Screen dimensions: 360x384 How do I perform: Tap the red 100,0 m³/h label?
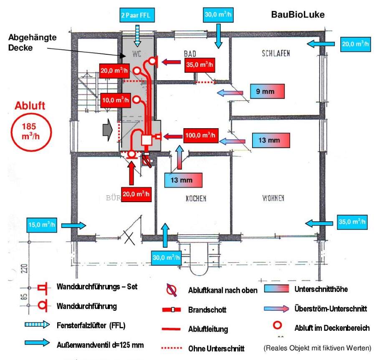click(x=200, y=135)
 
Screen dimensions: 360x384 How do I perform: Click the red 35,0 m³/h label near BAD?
click(x=199, y=65)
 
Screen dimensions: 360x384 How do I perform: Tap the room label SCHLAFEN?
click(x=275, y=53)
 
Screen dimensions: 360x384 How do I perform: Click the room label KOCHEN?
click(x=196, y=199)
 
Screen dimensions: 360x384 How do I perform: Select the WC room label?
click(x=137, y=54)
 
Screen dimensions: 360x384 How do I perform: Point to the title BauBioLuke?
click(x=298, y=15)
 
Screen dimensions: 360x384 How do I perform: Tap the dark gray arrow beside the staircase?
click(x=108, y=130)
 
